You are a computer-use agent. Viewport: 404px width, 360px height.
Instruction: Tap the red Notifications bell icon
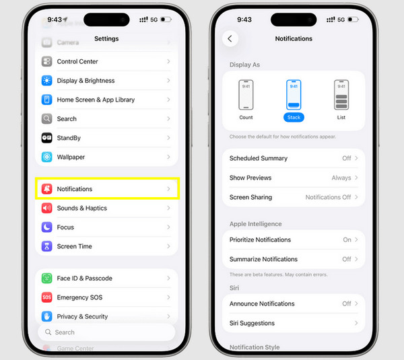coord(46,189)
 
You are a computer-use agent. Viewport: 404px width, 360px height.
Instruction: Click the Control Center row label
coord(77,61)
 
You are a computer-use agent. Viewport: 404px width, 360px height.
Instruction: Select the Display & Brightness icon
coord(46,81)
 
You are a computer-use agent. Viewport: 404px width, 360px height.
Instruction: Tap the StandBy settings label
coord(69,138)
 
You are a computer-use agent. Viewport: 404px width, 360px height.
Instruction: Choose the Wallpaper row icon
coord(46,157)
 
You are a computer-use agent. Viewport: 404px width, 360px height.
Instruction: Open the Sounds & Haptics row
coord(82,209)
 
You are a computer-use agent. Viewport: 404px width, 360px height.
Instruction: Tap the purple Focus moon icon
coord(46,227)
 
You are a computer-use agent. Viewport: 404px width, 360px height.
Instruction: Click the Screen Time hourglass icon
coord(46,246)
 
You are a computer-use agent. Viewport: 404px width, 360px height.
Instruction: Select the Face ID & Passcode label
coord(84,279)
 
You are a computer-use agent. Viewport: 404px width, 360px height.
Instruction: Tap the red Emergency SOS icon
coord(46,297)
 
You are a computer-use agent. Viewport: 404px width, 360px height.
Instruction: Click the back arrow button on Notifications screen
coord(230,39)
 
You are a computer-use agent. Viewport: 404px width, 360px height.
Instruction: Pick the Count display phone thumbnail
coord(246,95)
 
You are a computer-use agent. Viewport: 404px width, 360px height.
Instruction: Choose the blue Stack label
coord(294,117)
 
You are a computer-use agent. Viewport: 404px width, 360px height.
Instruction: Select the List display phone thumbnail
coord(341,95)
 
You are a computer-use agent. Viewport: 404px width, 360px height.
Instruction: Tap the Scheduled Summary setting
coord(259,159)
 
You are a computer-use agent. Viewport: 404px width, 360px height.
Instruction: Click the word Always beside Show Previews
coord(341,178)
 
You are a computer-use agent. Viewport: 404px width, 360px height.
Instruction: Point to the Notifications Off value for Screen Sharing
coord(328,197)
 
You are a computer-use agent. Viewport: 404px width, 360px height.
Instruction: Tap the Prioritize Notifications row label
coord(260,240)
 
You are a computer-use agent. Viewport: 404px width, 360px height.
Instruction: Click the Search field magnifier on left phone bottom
coord(48,332)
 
